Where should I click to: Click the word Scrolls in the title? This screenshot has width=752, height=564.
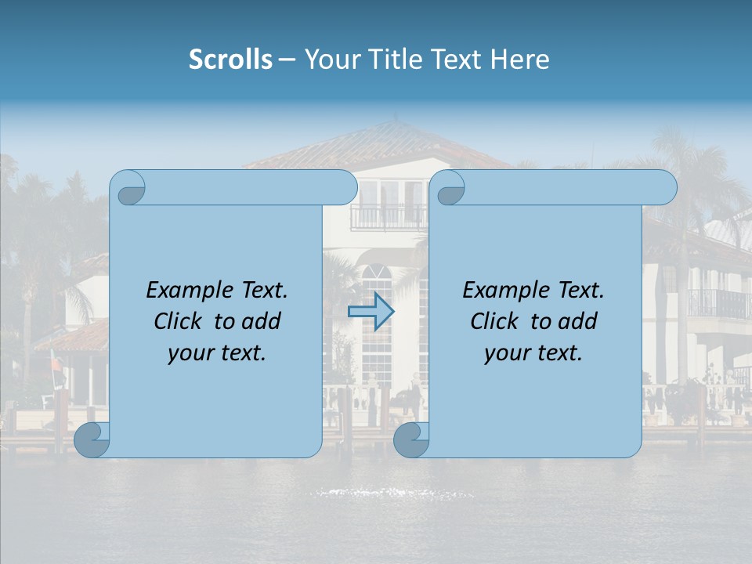tap(230, 60)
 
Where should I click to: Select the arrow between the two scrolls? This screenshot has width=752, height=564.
tap(371, 311)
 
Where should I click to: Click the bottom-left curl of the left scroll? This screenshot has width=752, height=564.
tap(92, 439)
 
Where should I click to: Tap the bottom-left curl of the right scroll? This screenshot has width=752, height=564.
tap(411, 439)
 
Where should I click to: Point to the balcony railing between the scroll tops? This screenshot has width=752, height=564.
tap(389, 217)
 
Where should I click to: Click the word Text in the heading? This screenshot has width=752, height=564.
tap(456, 60)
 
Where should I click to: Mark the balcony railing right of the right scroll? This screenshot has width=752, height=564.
tap(717, 303)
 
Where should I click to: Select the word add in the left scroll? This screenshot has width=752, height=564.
tap(260, 321)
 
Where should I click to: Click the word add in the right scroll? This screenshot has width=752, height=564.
tap(577, 321)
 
